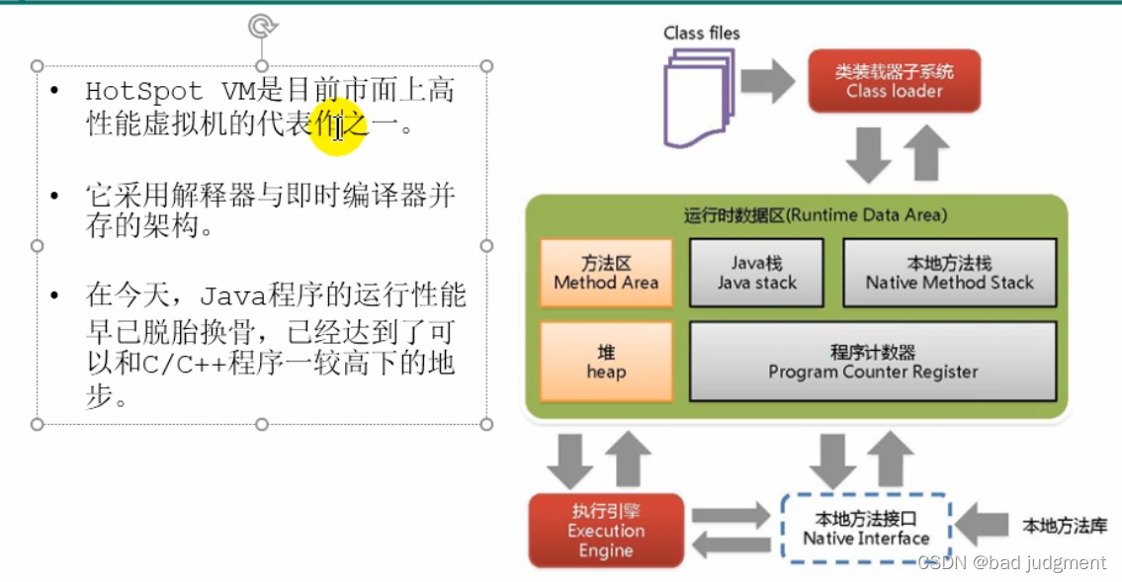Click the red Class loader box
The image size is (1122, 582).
894,81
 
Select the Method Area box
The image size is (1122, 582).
606,273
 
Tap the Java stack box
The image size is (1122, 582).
756,273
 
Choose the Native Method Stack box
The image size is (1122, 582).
949,273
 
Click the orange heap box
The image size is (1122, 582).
606,362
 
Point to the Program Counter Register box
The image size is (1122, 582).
873,362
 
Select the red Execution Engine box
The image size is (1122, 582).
606,531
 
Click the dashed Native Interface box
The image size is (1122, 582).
866,529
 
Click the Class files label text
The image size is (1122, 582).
702,33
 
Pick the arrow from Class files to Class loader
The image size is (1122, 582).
767,81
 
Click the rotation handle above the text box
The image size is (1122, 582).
262,26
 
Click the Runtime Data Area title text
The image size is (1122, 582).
815,214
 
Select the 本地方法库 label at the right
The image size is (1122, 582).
1065,526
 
